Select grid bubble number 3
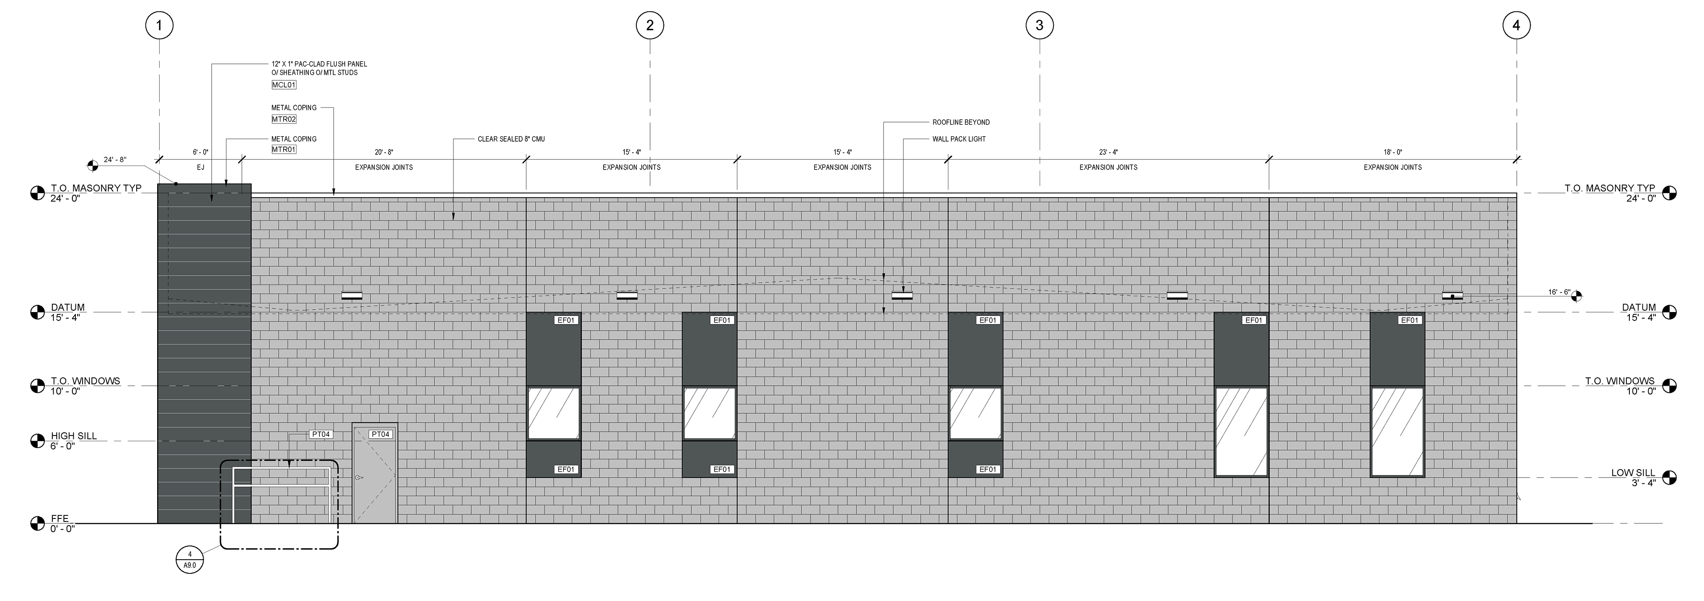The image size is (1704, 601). (1039, 26)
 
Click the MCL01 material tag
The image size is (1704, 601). (284, 85)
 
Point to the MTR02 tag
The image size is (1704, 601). (284, 119)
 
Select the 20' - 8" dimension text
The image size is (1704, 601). (384, 152)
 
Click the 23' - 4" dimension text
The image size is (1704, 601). (1108, 152)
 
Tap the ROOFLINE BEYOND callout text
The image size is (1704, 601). (960, 123)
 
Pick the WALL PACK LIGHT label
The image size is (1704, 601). (958, 139)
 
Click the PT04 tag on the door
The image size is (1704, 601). (380, 434)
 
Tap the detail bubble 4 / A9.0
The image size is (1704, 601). (190, 559)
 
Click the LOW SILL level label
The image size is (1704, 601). (1633, 473)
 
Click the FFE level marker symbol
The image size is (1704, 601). (37, 524)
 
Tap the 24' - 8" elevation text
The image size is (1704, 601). (115, 160)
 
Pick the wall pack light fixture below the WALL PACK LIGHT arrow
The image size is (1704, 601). (902, 295)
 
